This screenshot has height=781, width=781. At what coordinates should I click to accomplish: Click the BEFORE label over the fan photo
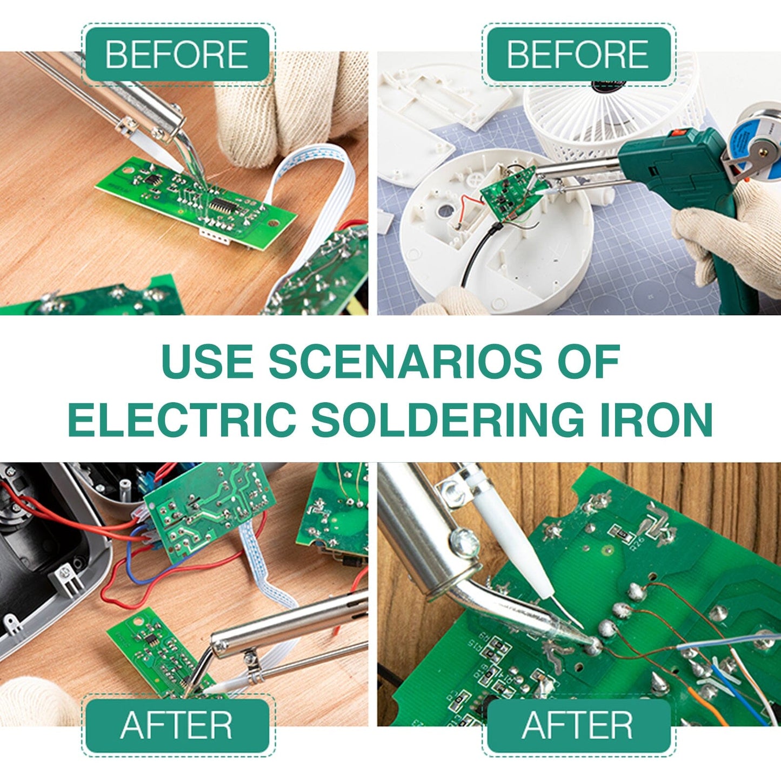pyautogui.click(x=577, y=55)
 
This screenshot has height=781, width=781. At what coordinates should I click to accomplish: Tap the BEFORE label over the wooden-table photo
pyautogui.click(x=177, y=55)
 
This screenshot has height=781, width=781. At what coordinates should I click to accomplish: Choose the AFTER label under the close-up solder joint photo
pyautogui.click(x=577, y=725)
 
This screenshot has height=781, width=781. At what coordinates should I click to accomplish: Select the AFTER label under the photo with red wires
pyautogui.click(x=177, y=725)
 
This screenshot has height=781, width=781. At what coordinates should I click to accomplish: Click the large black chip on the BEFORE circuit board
pyautogui.click(x=221, y=205)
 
